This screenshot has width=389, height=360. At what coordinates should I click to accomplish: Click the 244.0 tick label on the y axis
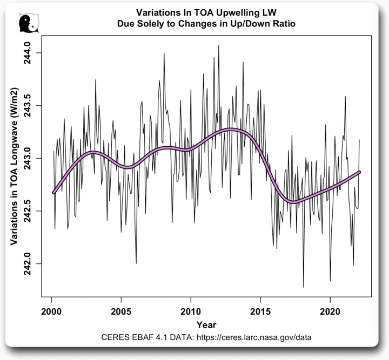click(27, 53)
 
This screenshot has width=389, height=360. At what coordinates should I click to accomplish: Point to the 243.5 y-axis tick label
click(27, 105)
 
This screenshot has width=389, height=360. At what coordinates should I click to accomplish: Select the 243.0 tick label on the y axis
click(27, 158)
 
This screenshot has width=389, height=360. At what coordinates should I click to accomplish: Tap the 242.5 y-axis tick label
click(27, 211)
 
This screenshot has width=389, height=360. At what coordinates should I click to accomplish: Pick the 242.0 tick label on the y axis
click(27, 263)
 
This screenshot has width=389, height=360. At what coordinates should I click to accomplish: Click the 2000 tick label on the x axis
click(51, 312)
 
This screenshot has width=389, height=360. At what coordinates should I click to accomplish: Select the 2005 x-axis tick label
click(121, 312)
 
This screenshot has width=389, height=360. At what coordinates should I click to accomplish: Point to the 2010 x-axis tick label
click(191, 312)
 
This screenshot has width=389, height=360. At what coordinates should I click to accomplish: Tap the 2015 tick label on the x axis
click(260, 312)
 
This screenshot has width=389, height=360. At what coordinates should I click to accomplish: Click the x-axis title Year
click(206, 325)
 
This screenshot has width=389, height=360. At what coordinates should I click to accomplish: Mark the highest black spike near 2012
click(218, 45)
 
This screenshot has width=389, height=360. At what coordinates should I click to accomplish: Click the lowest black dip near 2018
click(304, 287)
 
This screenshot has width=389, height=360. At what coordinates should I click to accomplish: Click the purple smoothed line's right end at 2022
click(359, 172)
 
